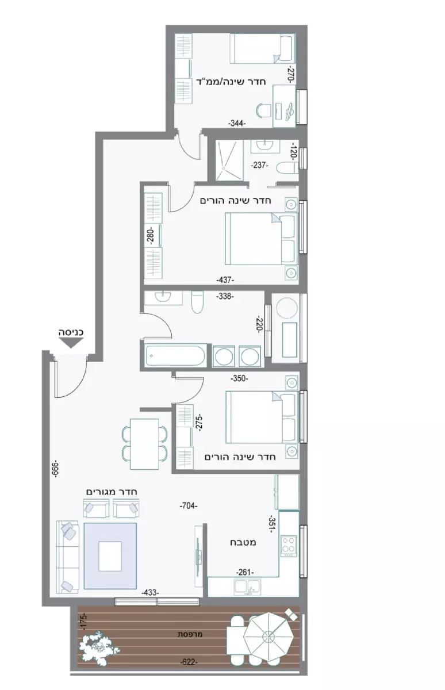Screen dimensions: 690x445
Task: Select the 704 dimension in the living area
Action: tap(188, 506)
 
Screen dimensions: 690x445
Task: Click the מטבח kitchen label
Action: tap(245, 542)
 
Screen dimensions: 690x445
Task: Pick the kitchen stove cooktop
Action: tap(289, 544)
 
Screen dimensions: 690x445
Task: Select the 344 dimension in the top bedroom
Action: tap(236, 123)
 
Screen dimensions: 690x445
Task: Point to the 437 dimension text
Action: tap(225, 279)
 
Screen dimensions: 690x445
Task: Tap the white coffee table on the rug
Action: tap(110, 556)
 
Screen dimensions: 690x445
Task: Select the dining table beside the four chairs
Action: tap(144, 444)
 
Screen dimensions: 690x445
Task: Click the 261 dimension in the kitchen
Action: tap(244, 572)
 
